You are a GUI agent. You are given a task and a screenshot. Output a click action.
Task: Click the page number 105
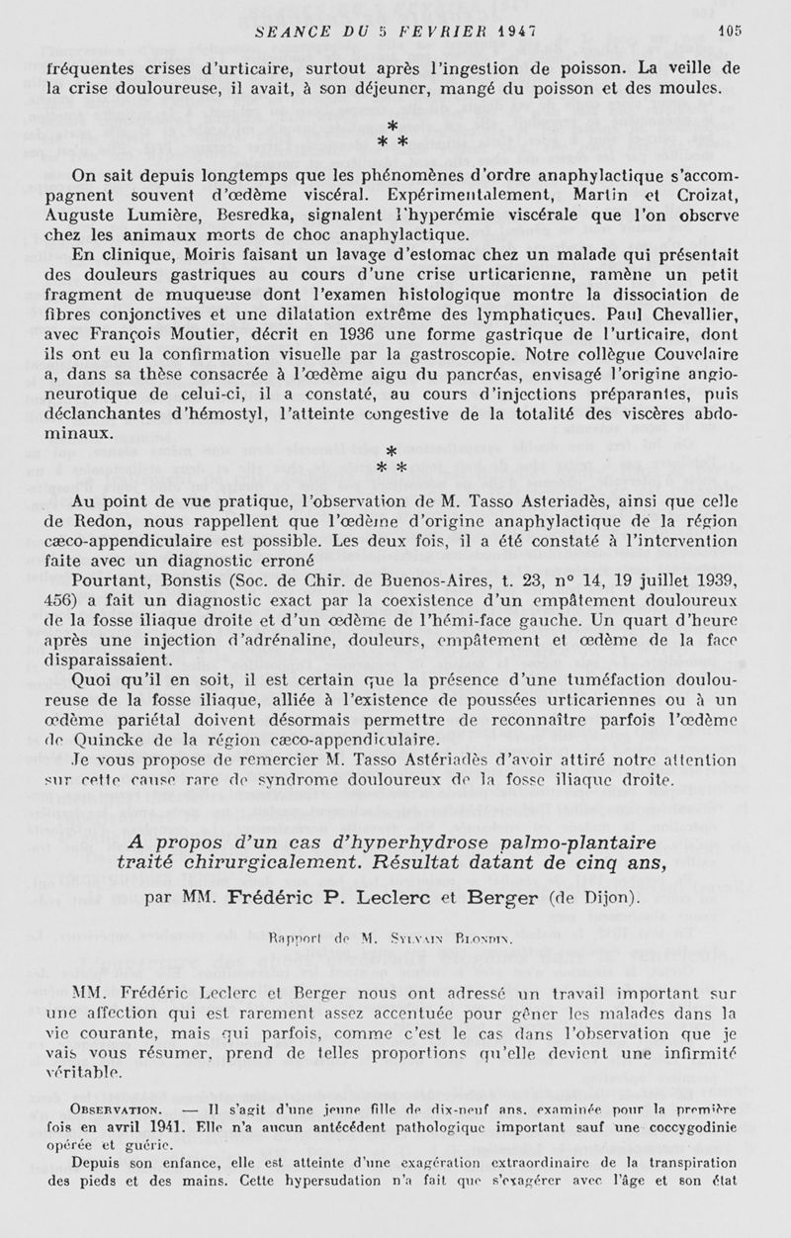pos(730,31)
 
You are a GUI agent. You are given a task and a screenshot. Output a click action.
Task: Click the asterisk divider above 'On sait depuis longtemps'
pos(393,134)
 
